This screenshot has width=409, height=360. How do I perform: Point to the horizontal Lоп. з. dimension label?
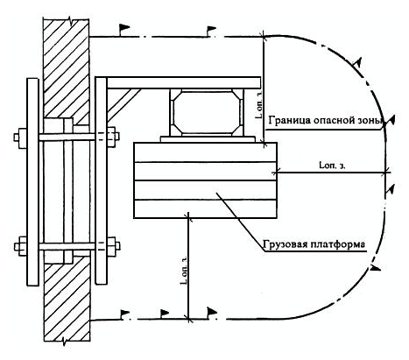tap(333, 166)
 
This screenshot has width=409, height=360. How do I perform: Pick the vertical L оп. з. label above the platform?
tap(258, 104)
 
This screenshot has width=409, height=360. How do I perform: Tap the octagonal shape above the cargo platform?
tap(207, 112)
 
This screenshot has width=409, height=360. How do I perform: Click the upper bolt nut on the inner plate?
tap(113, 137)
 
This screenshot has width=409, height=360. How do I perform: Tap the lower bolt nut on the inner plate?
tap(113, 246)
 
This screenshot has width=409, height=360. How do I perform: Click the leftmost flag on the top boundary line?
tap(123, 29)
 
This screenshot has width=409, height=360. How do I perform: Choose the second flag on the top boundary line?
tap(211, 30)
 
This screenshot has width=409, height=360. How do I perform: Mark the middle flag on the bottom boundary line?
tap(165, 313)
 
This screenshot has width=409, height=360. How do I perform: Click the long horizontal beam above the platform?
tap(184, 82)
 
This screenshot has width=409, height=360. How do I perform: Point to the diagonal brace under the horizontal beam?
tap(123, 105)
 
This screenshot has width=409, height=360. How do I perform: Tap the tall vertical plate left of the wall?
tap(32, 181)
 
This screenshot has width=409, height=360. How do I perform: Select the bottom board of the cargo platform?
tap(205, 209)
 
